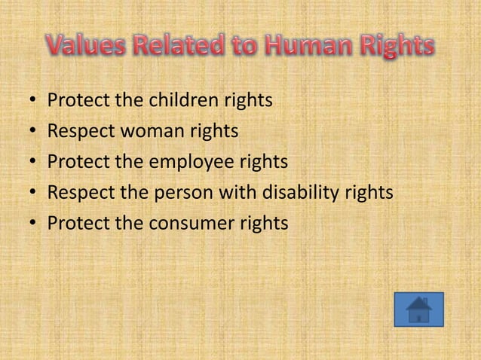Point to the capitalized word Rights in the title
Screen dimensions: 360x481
pos(394,47)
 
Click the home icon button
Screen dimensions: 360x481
pos(418,310)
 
